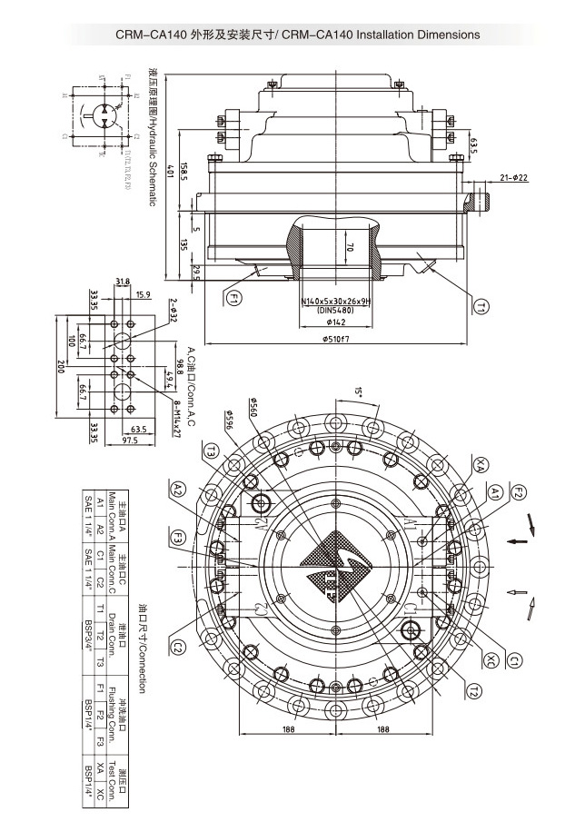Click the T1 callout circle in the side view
pyautogui.click(x=480, y=308)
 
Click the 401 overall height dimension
pyautogui.click(x=169, y=173)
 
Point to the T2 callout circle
pyautogui.click(x=472, y=692)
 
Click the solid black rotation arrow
pyautogui.click(x=518, y=543)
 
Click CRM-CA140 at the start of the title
pyautogui.click(x=151, y=35)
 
